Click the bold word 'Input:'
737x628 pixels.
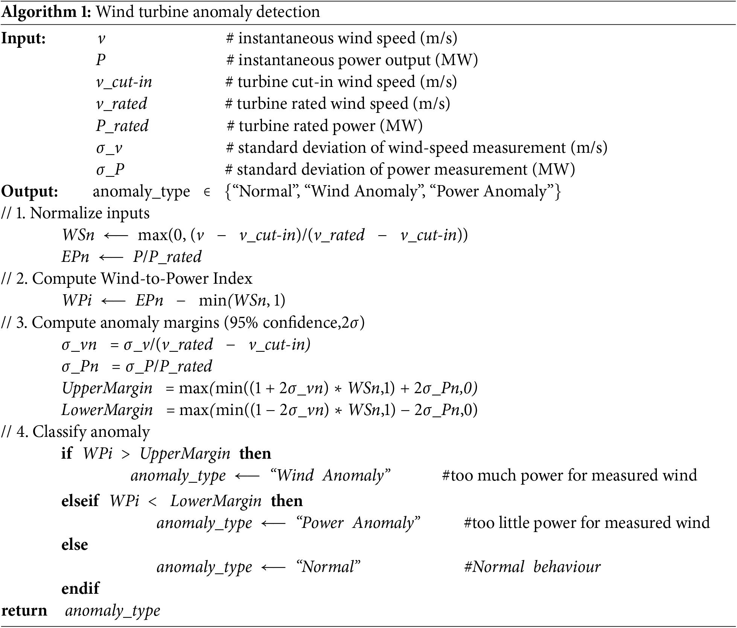[23, 38]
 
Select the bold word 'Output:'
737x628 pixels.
[30, 192]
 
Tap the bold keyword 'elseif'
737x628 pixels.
[80, 501]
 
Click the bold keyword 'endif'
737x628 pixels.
[80, 588]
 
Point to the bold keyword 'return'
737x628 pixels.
[24, 610]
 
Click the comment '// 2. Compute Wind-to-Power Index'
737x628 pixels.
[127, 279]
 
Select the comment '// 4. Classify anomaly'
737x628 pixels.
[76, 432]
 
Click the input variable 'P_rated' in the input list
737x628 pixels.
[122, 126]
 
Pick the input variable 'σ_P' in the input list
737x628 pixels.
[110, 170]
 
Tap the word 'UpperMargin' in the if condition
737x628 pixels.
[185, 453]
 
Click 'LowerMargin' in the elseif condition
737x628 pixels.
[216, 501]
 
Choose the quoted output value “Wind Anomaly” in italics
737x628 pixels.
[330, 475]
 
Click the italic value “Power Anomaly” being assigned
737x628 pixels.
[358, 523]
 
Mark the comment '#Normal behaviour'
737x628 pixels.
[532, 567]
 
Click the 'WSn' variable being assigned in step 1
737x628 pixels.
[78, 235]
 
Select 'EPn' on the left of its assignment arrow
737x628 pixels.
[75, 257]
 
